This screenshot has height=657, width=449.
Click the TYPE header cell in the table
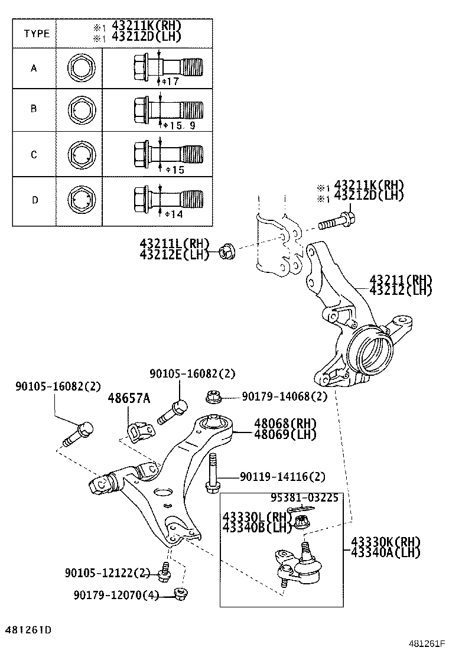click(37, 34)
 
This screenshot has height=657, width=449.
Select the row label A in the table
click(34, 68)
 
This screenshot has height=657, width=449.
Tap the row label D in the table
click(34, 200)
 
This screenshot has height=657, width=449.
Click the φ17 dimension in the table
click(170, 82)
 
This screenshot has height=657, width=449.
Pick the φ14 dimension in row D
click(173, 214)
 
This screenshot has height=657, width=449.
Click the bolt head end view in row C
click(80, 155)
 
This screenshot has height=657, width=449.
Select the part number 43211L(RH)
click(167, 243)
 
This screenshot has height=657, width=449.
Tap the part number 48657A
click(128, 399)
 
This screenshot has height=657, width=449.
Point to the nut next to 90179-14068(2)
click(213, 397)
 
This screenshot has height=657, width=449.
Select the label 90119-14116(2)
click(282, 476)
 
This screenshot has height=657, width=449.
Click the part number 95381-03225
click(305, 498)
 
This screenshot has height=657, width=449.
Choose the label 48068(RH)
click(285, 424)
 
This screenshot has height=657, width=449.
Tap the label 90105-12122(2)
click(108, 573)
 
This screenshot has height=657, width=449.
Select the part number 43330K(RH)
click(385, 542)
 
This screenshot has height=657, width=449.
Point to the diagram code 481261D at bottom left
click(29, 630)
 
